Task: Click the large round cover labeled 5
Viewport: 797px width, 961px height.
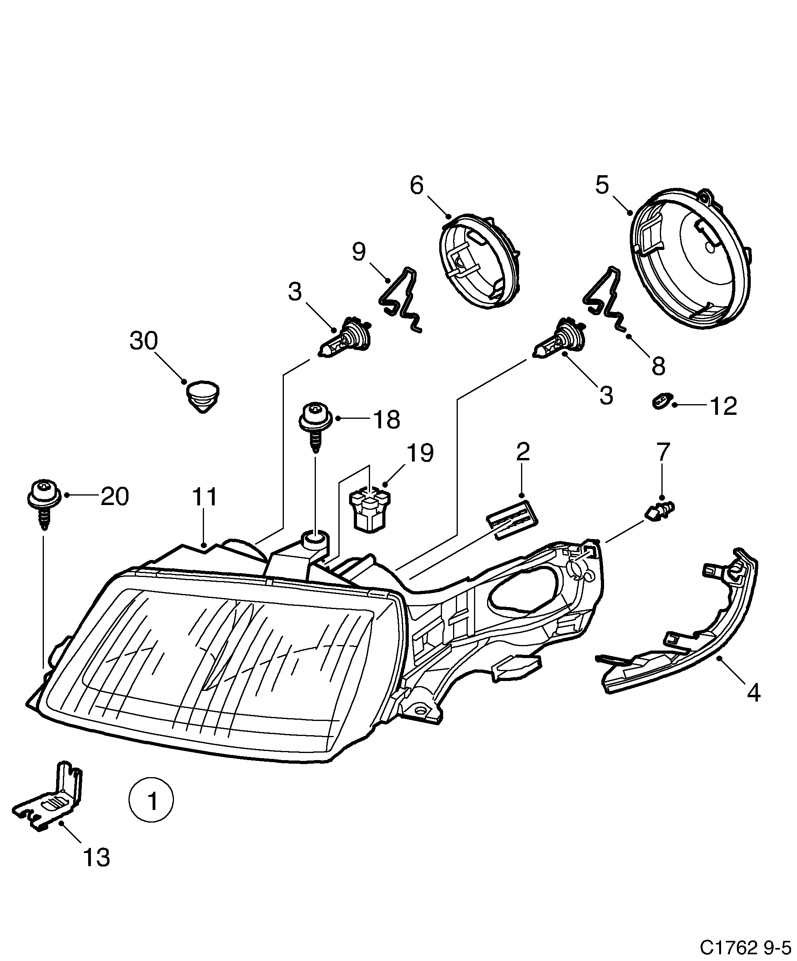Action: coord(691,260)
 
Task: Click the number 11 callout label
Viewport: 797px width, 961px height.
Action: coord(205,497)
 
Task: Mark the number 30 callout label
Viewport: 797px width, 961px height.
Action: coord(144,341)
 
